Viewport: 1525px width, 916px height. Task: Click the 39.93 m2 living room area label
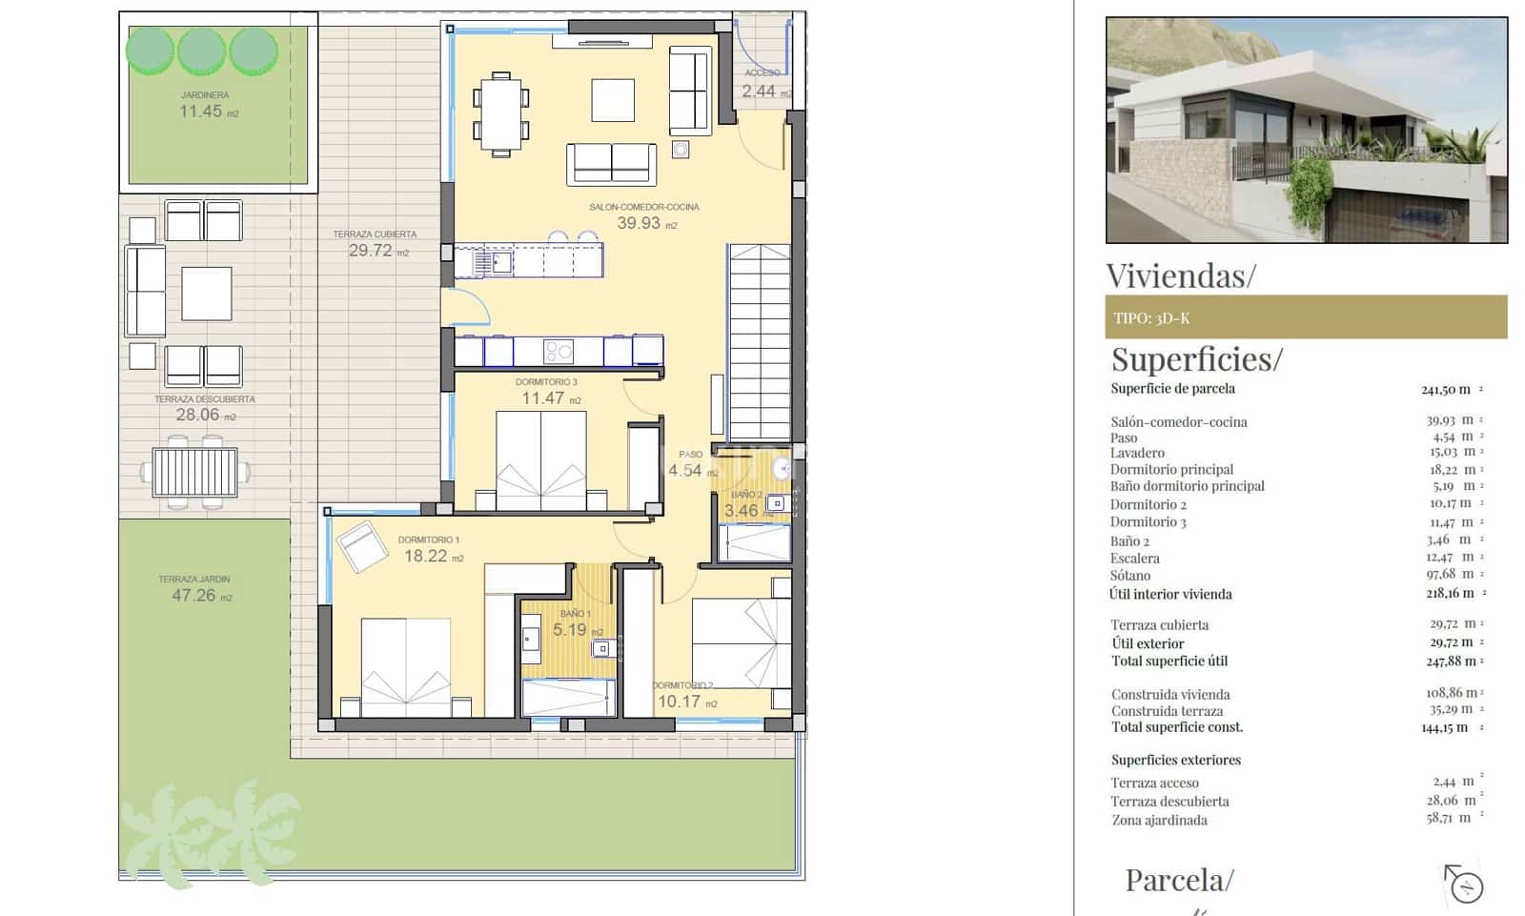[x=640, y=223]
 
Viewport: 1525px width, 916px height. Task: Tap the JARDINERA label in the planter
[x=204, y=95]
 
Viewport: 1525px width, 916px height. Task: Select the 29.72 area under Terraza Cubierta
[x=371, y=251]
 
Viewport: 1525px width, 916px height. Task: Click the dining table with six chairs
[x=500, y=112]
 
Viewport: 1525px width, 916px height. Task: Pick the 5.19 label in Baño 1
[x=570, y=630]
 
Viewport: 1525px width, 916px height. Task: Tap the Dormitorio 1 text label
[x=428, y=539]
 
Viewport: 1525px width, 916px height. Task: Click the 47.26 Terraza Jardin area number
[x=193, y=596]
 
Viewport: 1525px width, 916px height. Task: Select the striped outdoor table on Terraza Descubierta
[x=194, y=473]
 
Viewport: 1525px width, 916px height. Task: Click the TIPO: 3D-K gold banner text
[x=1151, y=318]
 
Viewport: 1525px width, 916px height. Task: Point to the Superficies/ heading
[x=1196, y=359]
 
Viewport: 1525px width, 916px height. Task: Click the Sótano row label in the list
[x=1129, y=576]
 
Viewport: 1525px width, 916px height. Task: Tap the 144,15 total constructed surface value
[x=1444, y=727]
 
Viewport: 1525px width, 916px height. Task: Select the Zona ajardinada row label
[x=1158, y=820]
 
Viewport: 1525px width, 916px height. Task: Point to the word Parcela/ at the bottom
[x=1179, y=880]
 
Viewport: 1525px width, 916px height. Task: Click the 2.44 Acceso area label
[x=759, y=92]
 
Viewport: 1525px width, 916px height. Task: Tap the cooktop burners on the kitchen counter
[x=558, y=352]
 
